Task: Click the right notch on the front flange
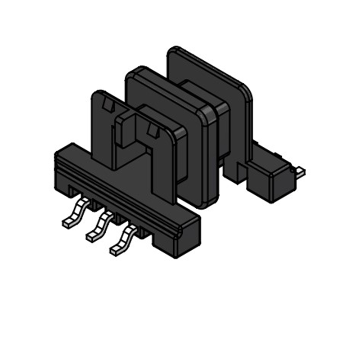pyautogui.click(x=153, y=131)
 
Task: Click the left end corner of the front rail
pyautogui.click(x=58, y=155)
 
